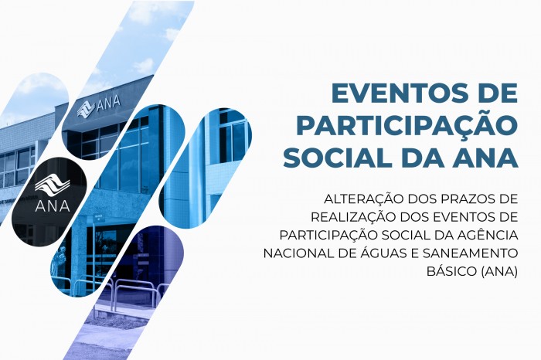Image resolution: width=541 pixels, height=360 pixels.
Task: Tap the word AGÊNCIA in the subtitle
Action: pos(488,236)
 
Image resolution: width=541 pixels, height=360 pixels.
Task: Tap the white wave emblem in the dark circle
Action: pos(53,185)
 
